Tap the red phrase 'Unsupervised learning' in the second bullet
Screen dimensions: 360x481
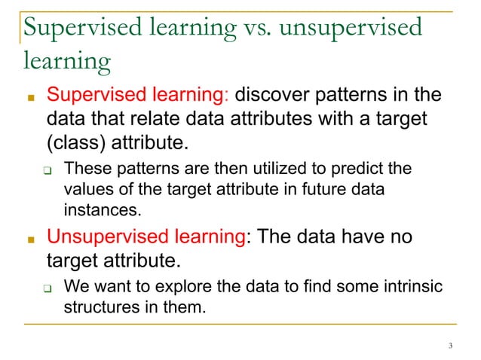click(147, 239)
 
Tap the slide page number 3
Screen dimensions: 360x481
click(449, 346)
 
